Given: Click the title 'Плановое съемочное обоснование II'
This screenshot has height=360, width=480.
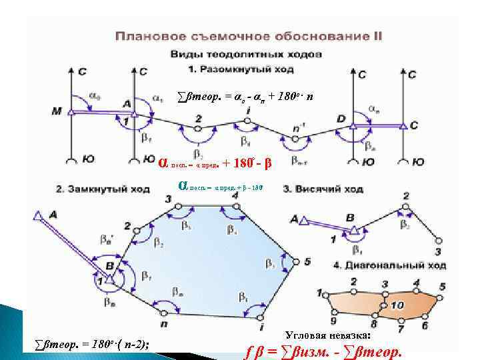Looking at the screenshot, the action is pyautogui.click(x=249, y=37).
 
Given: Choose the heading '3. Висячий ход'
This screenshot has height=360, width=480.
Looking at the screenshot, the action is pyautogui.click(x=323, y=189).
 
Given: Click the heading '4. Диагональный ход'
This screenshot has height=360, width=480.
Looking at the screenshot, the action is pyautogui.click(x=381, y=265).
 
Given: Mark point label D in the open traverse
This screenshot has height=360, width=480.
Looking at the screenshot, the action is pyautogui.click(x=341, y=118).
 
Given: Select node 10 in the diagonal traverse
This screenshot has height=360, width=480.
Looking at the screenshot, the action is pyautogui.click(x=397, y=305).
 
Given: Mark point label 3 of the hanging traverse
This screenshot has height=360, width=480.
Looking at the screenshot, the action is pyautogui.click(x=437, y=251).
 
